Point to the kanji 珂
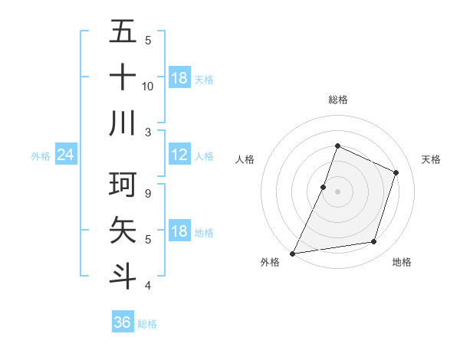click(x=123, y=185)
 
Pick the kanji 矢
click(x=123, y=230)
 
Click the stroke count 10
click(x=148, y=86)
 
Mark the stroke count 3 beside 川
click(x=148, y=132)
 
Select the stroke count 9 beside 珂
click(x=148, y=194)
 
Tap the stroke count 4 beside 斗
click(x=148, y=286)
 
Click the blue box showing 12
click(x=179, y=155)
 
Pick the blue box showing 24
click(x=66, y=155)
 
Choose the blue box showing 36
click(x=123, y=322)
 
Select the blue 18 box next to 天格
click(x=179, y=78)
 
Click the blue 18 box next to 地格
click(x=179, y=232)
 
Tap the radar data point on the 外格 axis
click(x=293, y=253)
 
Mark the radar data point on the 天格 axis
click(x=396, y=172)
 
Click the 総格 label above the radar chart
click(x=337, y=100)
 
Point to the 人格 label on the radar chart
click(x=245, y=159)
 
